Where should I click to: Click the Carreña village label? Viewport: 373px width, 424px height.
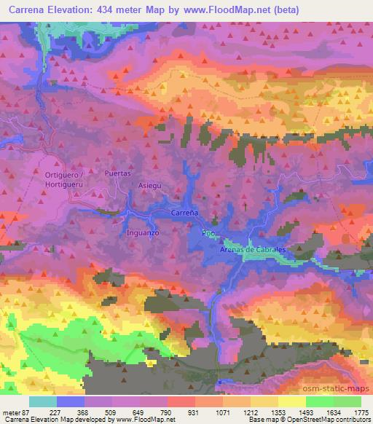point(184,213)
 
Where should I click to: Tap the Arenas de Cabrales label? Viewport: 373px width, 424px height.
point(253,250)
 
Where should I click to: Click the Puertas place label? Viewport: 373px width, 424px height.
point(117,174)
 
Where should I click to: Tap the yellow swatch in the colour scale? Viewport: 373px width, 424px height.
point(291,401)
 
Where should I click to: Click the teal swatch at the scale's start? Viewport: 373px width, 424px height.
point(43,401)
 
